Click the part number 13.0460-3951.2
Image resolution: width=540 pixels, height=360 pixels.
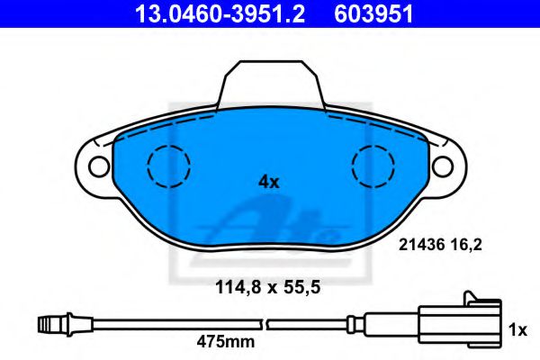(220, 14)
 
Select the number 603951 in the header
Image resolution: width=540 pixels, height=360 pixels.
(373, 14)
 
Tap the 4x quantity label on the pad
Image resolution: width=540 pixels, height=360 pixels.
(269, 182)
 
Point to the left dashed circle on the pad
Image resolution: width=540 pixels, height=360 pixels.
(168, 166)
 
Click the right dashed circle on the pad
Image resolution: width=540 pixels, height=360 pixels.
(373, 166)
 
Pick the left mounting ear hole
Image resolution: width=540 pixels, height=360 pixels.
(99, 166)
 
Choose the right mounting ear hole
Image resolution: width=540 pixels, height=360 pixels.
(443, 166)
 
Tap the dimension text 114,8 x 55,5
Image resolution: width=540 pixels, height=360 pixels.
(267, 287)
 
